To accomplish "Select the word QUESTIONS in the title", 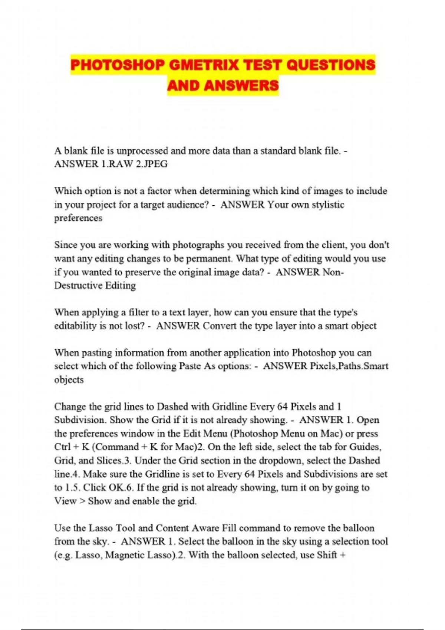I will click(331, 65).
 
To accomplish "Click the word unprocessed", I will click(142, 151).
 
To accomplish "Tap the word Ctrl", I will click(62, 447).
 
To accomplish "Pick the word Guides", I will click(365, 447).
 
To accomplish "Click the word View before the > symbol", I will click(65, 501).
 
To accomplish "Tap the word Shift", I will click(327, 555).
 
